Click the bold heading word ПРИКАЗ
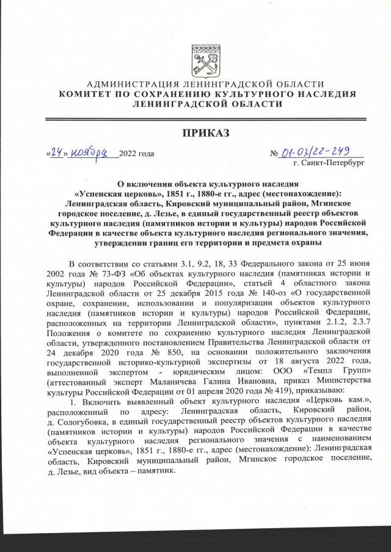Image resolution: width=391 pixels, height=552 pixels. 202,132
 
